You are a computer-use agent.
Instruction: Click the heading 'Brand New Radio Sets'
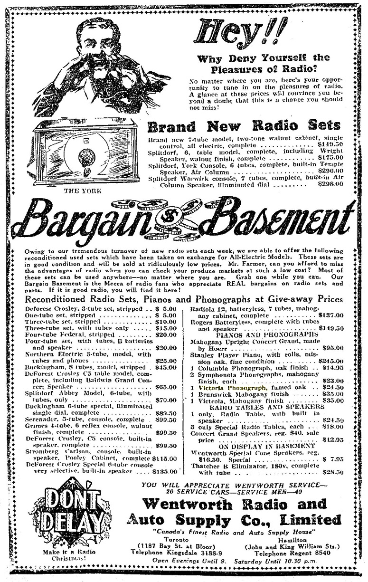click(x=244, y=126)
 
